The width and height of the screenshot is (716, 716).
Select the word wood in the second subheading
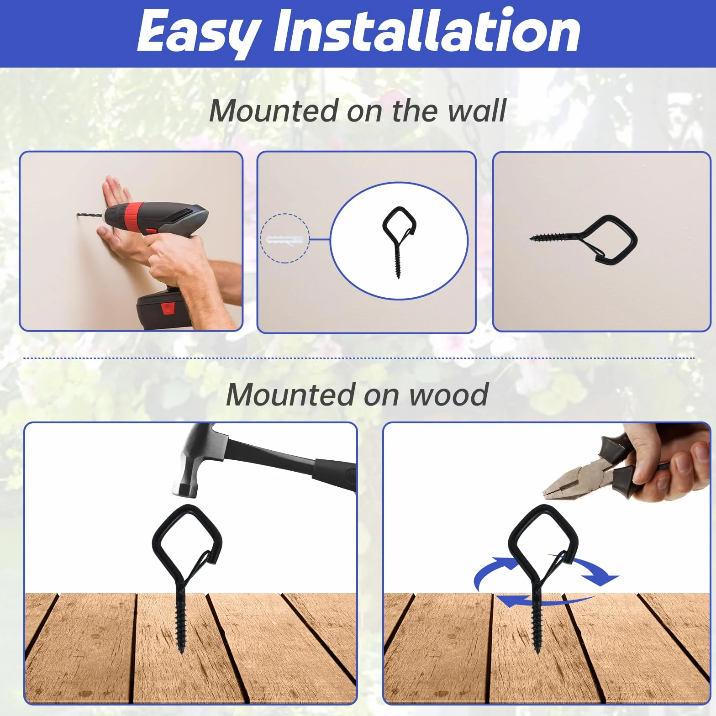[x=449, y=395]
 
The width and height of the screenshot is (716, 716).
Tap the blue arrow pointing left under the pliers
[x=543, y=600]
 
